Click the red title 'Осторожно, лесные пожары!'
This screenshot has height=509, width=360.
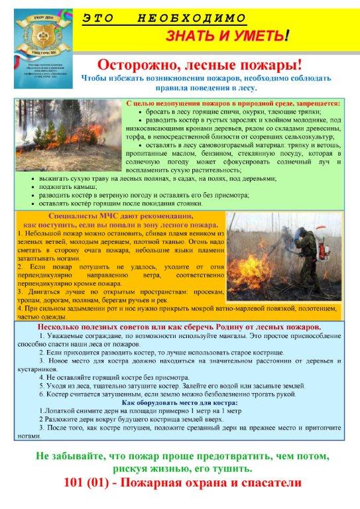(x=199, y=65)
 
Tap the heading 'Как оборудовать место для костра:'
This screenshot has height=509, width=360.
(x=181, y=402)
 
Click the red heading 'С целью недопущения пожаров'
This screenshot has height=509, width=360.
(x=233, y=104)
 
